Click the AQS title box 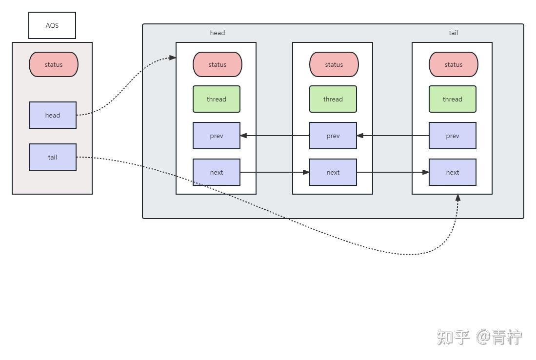(52, 25)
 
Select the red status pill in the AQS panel (54, 64)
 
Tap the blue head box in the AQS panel (53, 115)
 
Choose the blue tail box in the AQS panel (53, 157)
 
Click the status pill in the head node (218, 64)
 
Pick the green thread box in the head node (217, 99)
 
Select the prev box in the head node (217, 136)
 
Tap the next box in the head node (217, 172)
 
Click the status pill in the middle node (334, 64)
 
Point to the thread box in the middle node (333, 99)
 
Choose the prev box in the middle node (333, 136)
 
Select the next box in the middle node (333, 172)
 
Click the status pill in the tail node (453, 64)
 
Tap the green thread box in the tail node (453, 99)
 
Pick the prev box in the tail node (453, 136)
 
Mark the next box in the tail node (453, 172)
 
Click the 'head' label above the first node (218, 33)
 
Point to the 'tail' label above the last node (453, 33)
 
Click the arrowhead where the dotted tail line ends (457, 198)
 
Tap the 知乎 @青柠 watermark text (479, 337)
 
